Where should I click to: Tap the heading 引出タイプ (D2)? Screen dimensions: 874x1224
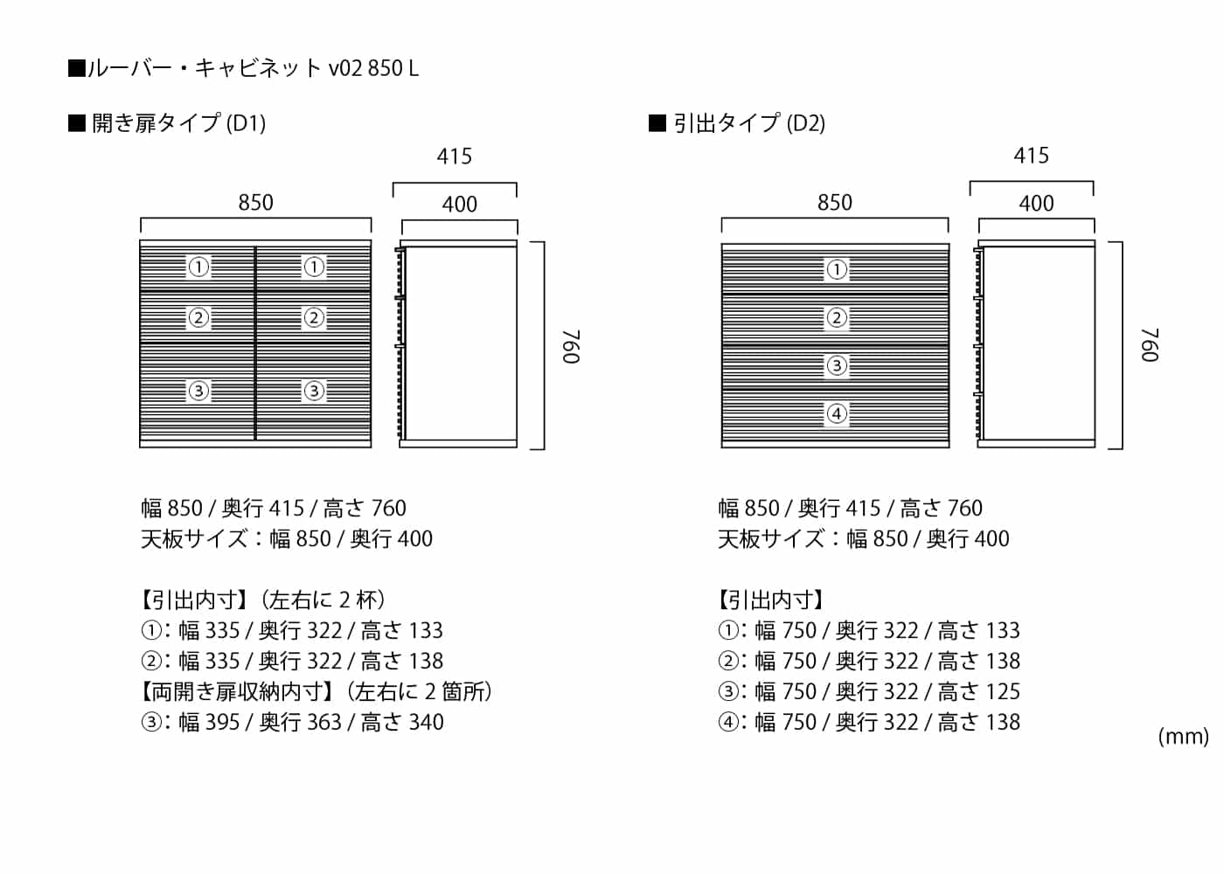[748, 123]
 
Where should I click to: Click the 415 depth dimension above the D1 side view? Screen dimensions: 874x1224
[454, 156]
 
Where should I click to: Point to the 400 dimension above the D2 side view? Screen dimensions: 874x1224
[1036, 204]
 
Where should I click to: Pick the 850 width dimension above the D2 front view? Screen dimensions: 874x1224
[834, 203]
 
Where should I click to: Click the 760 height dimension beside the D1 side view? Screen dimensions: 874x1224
[571, 346]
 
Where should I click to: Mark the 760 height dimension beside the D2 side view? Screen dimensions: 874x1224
[1150, 345]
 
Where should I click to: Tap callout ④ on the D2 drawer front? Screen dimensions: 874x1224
[837, 413]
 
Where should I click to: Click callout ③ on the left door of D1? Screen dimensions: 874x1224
[198, 391]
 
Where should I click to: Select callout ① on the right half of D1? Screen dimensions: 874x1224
[313, 267]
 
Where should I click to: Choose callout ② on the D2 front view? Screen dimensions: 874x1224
[837, 317]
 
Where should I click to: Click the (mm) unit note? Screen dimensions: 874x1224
[1182, 736]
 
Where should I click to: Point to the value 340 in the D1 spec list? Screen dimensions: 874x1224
[427, 722]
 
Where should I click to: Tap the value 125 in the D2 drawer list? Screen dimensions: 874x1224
[1002, 691]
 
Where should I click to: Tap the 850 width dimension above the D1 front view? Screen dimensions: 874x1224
[255, 203]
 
